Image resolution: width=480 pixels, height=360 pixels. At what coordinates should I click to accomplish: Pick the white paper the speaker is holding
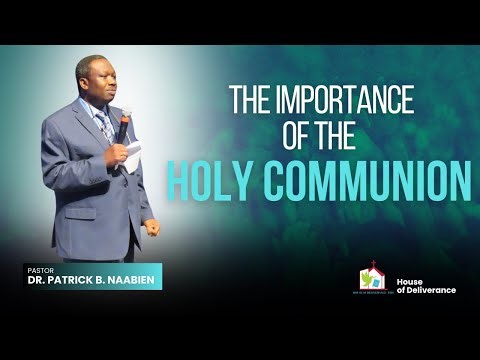point(131,153)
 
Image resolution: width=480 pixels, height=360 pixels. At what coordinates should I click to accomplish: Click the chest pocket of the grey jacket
point(82,150)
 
